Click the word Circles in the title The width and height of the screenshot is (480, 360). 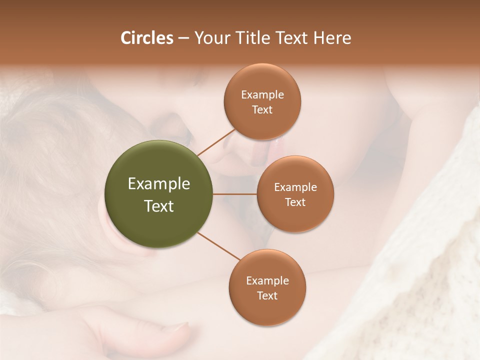tap(146, 38)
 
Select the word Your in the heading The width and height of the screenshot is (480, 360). tap(211, 38)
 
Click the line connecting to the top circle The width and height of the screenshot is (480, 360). tap(216, 142)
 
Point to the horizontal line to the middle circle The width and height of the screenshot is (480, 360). tap(234, 194)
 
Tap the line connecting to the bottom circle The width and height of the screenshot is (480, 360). tap(219, 245)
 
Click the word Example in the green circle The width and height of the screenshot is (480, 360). tap(158, 184)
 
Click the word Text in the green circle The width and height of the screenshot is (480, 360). tap(158, 206)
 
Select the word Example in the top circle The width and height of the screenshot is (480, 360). tap(262, 95)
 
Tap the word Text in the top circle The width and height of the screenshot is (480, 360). tap(262, 110)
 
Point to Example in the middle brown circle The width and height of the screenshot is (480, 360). tap(295, 187)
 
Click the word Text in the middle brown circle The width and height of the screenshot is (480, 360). tap(295, 202)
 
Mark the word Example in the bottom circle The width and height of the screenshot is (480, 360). tap(267, 281)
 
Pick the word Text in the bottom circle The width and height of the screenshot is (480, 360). tap(267, 296)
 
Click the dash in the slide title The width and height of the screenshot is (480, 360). tap(183, 38)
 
